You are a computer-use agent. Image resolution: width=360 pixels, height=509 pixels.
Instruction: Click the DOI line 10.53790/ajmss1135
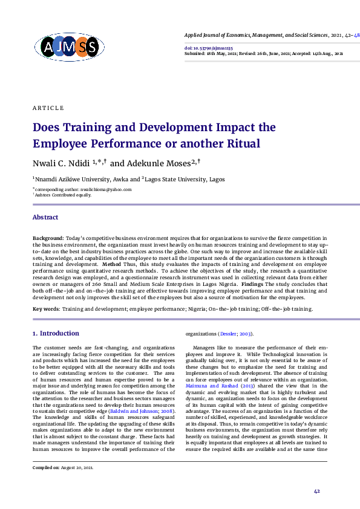coord(208,47)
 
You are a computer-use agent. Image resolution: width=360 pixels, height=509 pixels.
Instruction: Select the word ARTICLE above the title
coord(48,108)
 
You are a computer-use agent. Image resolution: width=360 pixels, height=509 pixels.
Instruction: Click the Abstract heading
coord(45,218)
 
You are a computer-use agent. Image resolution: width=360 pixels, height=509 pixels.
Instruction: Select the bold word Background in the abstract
coord(47,239)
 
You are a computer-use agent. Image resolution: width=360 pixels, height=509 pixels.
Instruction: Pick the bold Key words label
coord(46,309)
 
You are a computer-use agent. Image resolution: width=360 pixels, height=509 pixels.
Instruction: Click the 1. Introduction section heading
coord(56,333)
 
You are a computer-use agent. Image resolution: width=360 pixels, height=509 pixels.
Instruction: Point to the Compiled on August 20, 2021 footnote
coord(63,468)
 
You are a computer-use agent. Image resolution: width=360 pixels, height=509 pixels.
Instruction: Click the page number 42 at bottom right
coord(316,491)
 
